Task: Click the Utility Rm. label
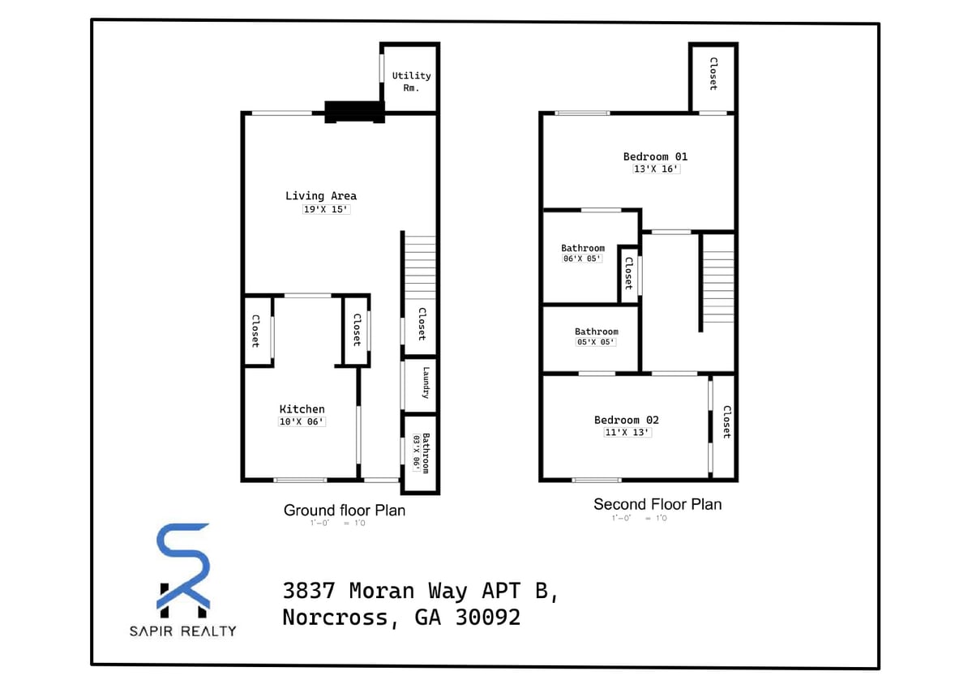click(x=411, y=81)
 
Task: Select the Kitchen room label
click(x=302, y=409)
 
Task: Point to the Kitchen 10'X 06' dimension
click(x=302, y=422)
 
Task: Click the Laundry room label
click(x=425, y=383)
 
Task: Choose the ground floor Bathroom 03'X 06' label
click(x=421, y=453)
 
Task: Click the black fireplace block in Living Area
click(x=353, y=112)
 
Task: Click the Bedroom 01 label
click(x=655, y=156)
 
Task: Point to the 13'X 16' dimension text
click(x=655, y=169)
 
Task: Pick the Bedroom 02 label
click(x=626, y=420)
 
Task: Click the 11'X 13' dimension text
click(x=627, y=433)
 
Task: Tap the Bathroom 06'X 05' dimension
click(x=582, y=259)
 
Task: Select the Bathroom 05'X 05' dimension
click(x=596, y=343)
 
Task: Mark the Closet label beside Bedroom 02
click(x=726, y=421)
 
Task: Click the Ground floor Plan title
click(x=344, y=511)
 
